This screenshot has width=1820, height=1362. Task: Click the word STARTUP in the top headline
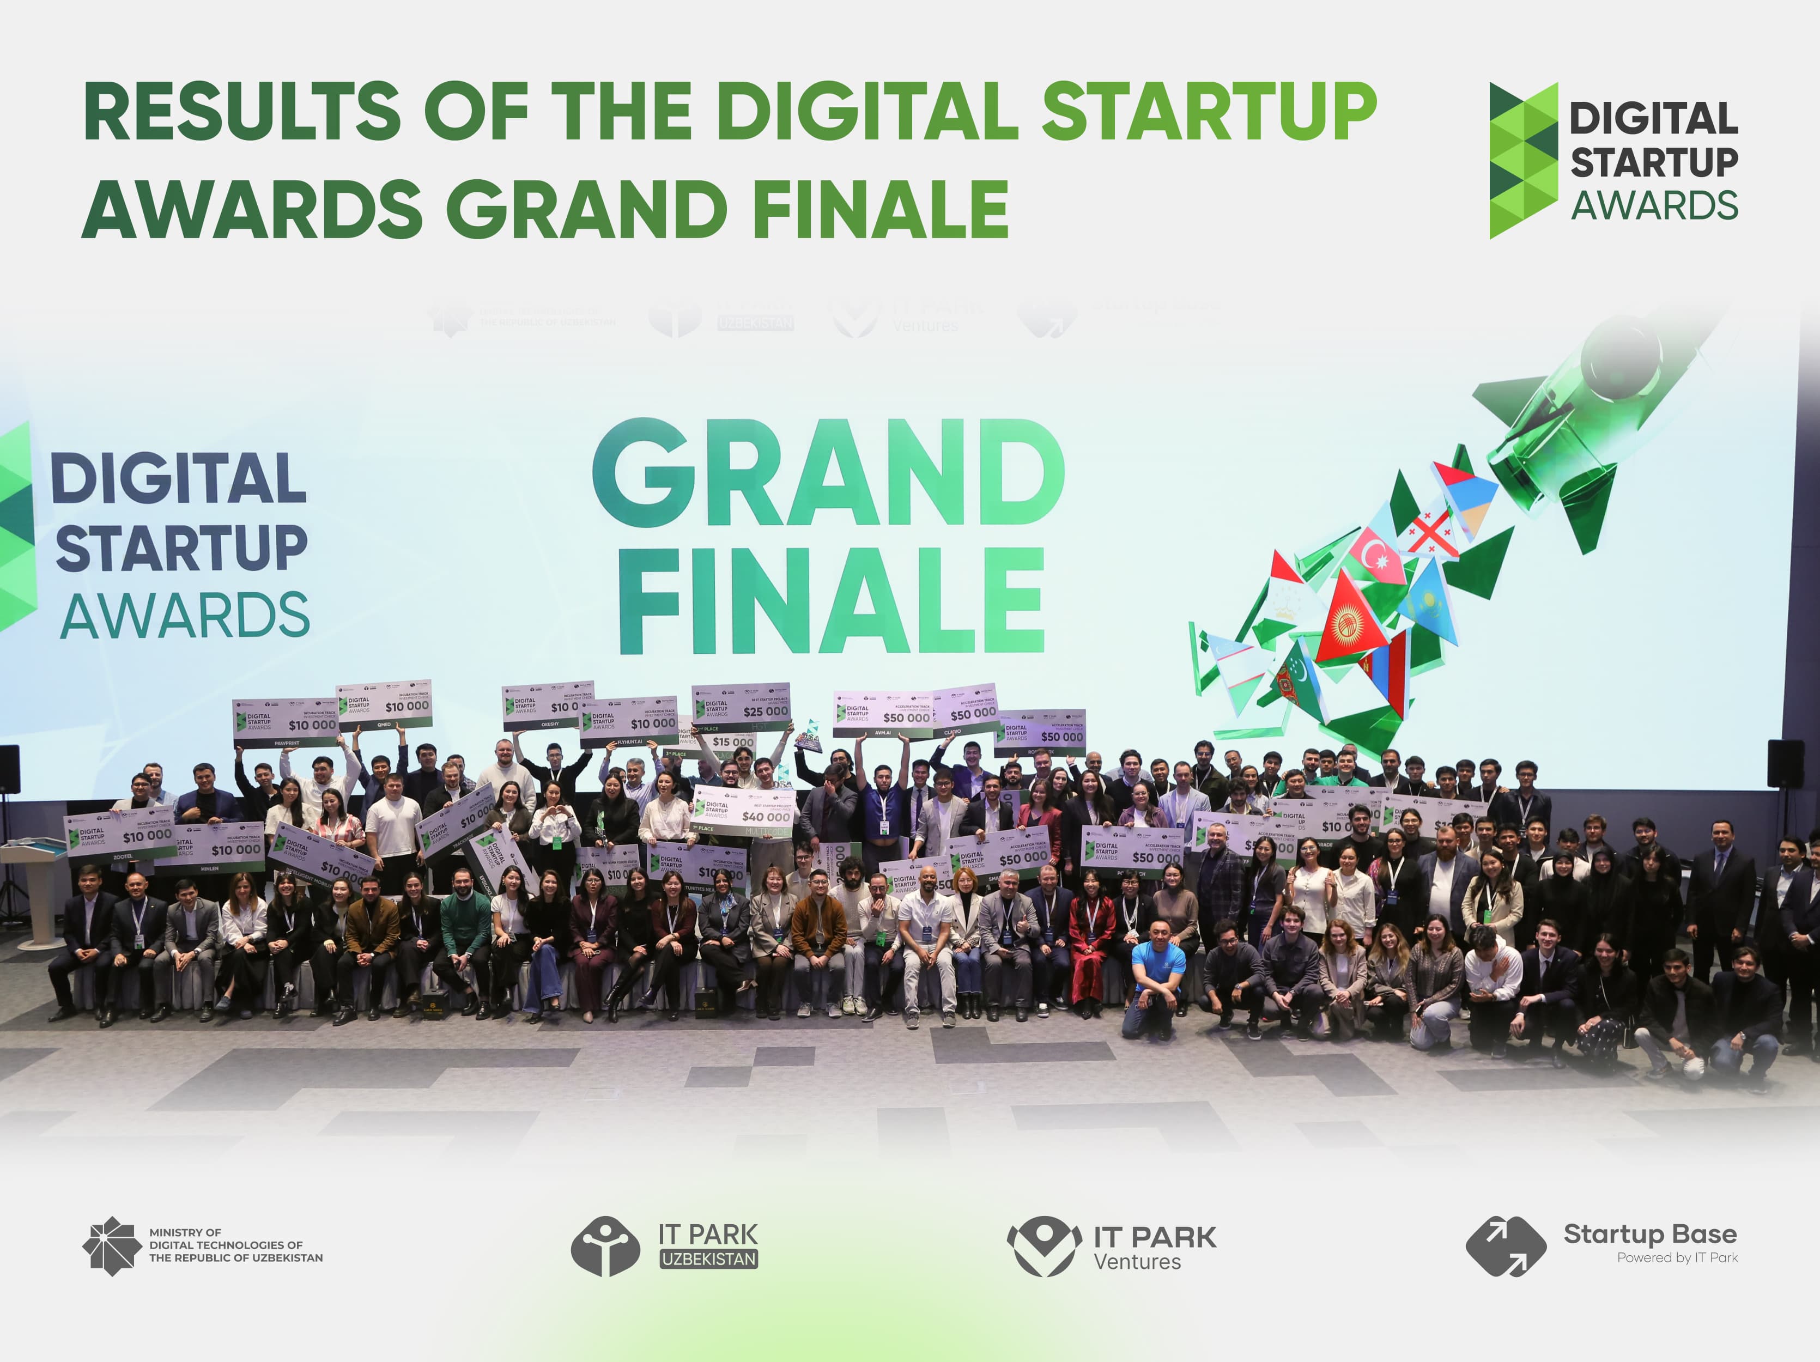click(x=1209, y=111)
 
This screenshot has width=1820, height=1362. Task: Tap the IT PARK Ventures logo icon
click(x=1044, y=1246)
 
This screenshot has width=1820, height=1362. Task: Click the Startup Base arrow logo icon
click(x=1505, y=1246)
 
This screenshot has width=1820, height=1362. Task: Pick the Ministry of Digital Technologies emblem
click(x=111, y=1246)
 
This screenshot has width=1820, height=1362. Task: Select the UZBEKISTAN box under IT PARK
click(x=708, y=1259)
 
